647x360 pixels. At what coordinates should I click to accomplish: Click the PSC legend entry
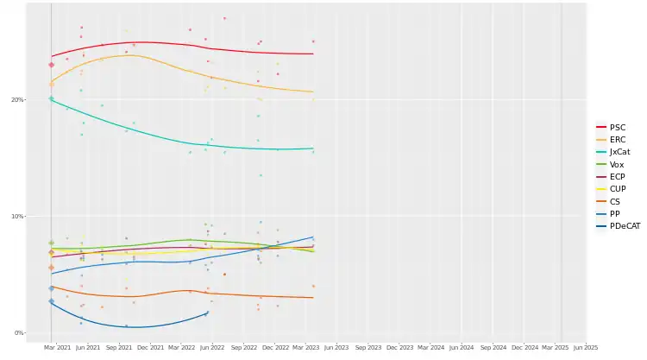[617, 127]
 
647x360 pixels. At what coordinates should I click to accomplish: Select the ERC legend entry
[617, 140]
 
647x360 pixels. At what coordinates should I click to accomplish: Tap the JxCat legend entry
[619, 152]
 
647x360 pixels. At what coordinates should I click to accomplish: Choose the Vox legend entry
[616, 164]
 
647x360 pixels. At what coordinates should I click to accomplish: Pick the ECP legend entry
[617, 177]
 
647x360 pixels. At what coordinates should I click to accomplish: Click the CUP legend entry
[617, 189]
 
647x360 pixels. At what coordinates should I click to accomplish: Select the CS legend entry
[614, 201]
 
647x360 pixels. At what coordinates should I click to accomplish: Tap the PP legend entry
[614, 213]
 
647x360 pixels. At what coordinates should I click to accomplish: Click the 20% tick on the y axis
[17, 100]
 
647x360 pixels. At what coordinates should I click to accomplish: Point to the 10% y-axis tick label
[17, 217]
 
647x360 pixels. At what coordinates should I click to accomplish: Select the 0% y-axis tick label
[19, 333]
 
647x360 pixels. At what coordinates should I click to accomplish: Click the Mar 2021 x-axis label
[56, 348]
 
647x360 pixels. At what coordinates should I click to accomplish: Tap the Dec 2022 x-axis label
[275, 348]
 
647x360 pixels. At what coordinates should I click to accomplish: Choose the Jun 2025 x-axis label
[585, 348]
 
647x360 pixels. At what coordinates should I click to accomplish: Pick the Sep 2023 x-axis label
[369, 348]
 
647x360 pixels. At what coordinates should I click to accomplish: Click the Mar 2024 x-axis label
[430, 348]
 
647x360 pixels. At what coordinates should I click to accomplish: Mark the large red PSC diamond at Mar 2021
[51, 65]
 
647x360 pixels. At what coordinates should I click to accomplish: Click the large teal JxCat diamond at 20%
[51, 98]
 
